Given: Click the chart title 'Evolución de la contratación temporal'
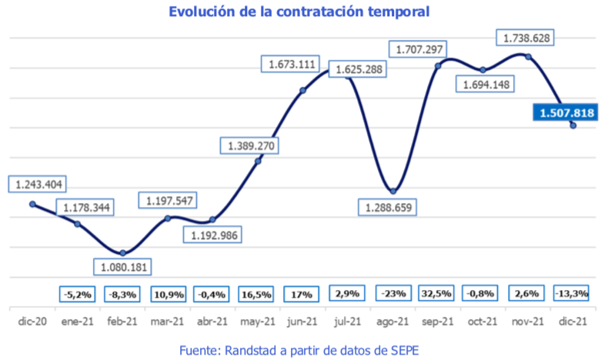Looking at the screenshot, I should point(299,12).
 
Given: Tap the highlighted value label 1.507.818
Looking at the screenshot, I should point(566,113).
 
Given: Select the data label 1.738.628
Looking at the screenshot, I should point(526,37).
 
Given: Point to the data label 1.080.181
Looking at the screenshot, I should point(122,267).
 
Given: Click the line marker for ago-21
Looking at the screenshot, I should point(393,191).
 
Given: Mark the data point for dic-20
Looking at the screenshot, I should point(32,204).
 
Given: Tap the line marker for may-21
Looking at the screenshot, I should point(258,161).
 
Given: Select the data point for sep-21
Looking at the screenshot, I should point(438,65).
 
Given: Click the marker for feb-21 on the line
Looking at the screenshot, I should point(122,253).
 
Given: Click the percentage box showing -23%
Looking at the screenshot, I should point(393,293).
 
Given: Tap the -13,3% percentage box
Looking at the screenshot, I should point(572,293).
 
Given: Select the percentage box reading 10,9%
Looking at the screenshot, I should point(168,293).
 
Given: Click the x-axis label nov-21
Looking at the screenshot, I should point(528,322).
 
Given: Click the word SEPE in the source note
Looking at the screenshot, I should point(406,350).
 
